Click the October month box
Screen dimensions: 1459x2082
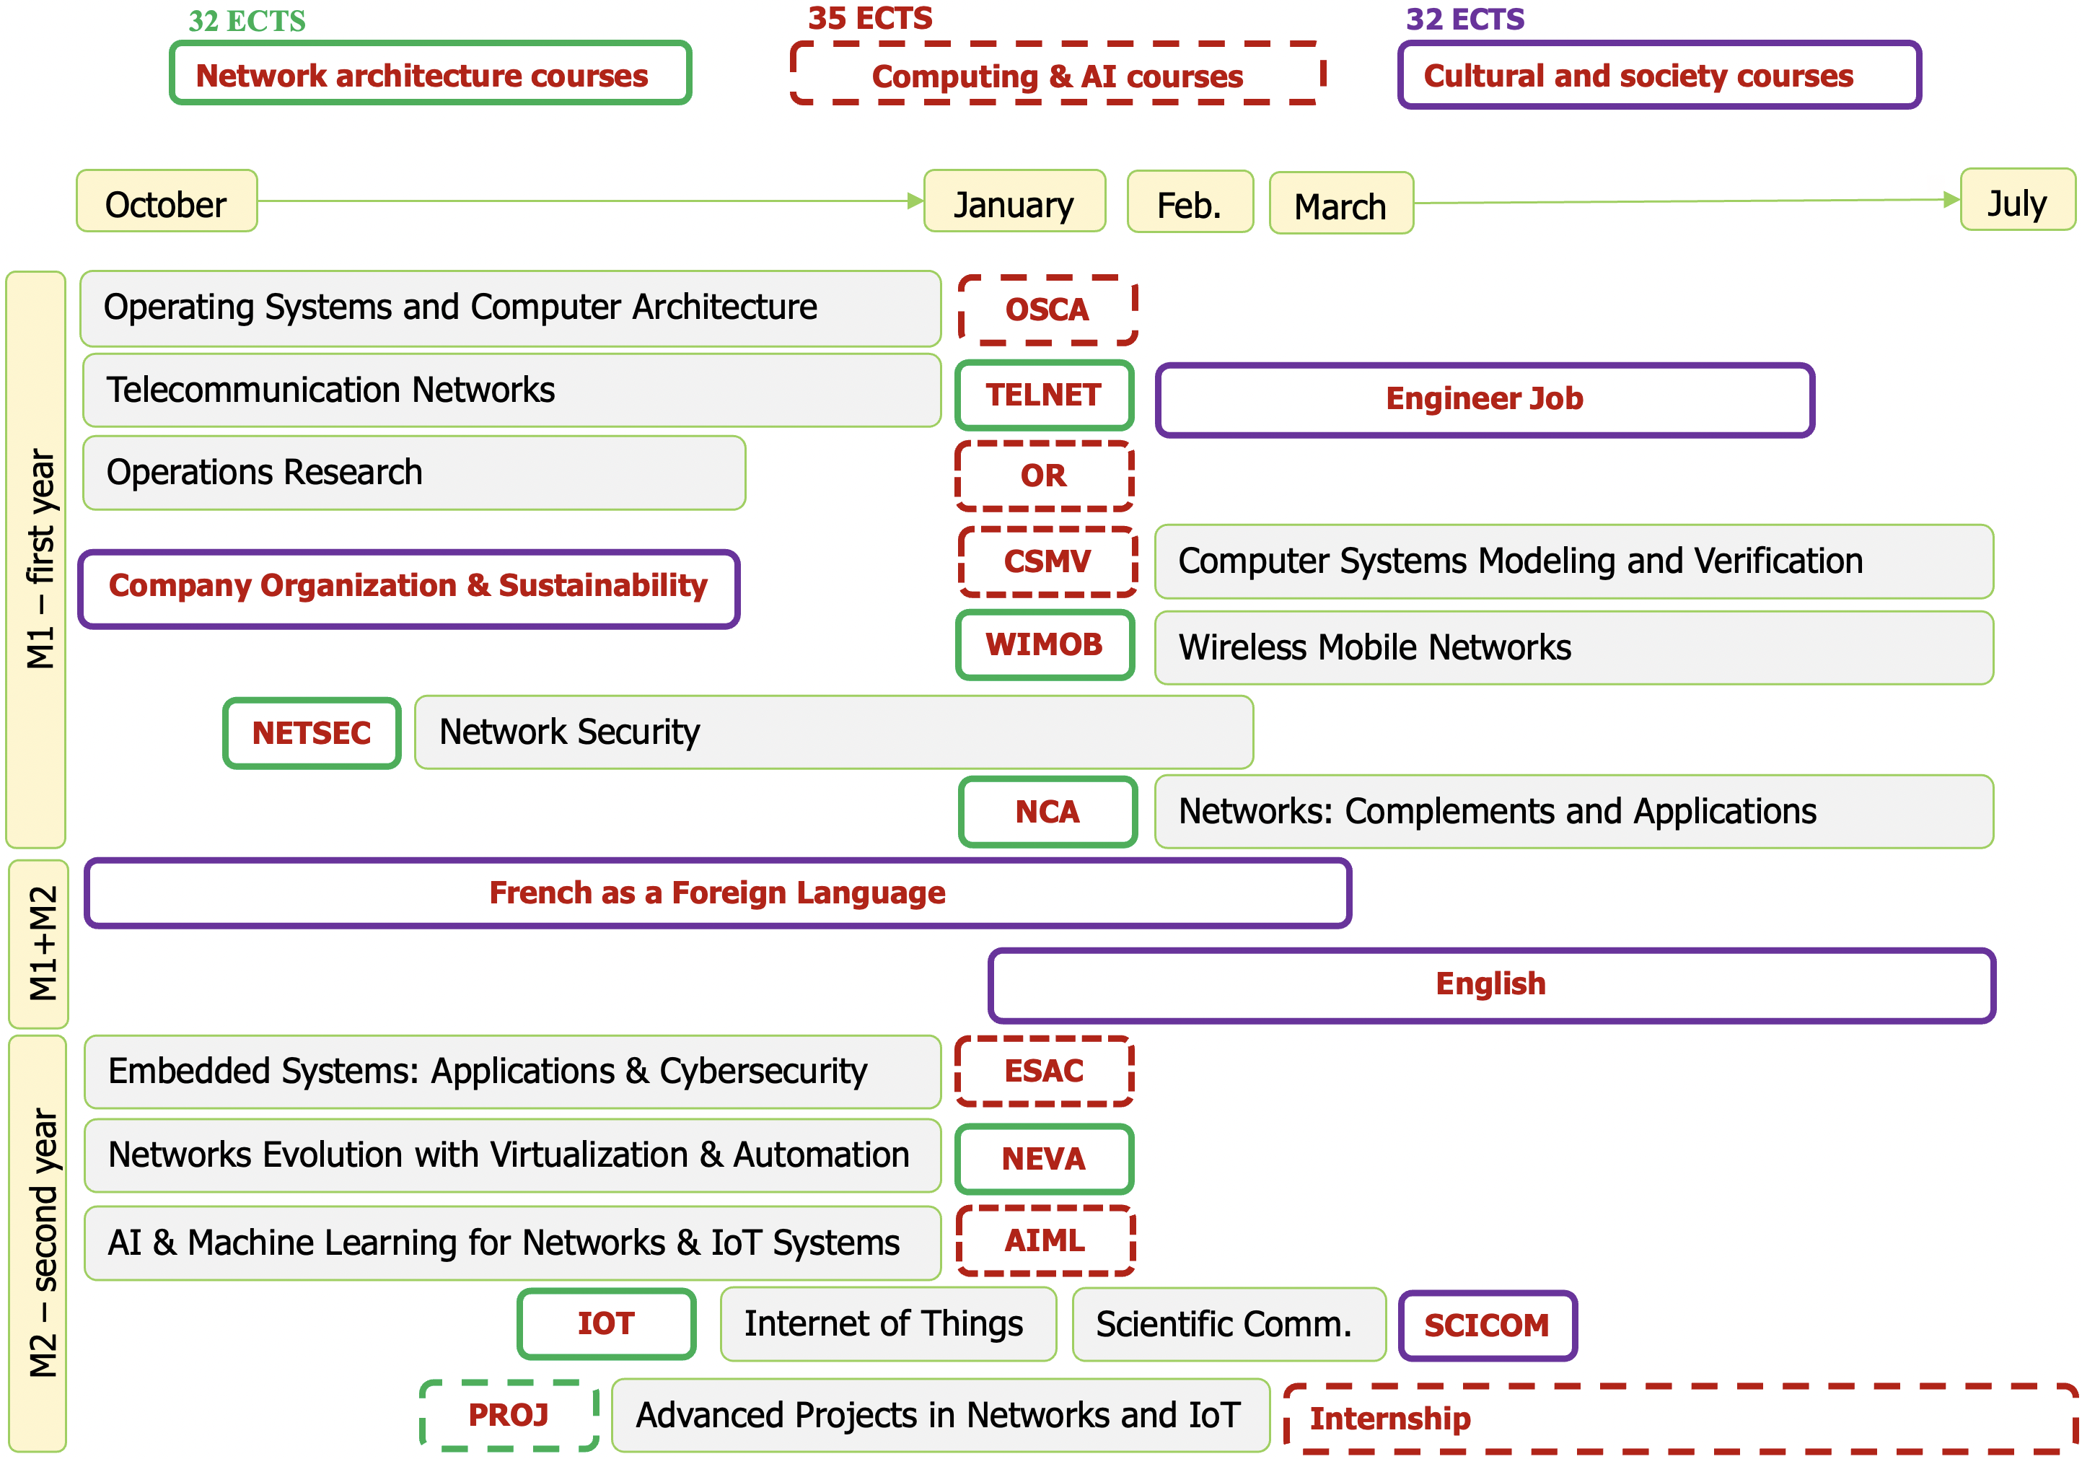(x=167, y=201)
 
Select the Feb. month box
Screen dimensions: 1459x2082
(x=1190, y=202)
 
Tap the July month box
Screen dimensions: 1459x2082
(x=2016, y=201)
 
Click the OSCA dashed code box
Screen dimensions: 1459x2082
(x=1047, y=310)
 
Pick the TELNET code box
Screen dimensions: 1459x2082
(x=1044, y=395)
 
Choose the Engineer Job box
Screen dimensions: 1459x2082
(x=1485, y=400)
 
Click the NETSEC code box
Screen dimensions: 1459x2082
(x=312, y=732)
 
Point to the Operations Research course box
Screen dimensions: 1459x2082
(x=413, y=473)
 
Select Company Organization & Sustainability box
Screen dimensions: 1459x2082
(x=408, y=587)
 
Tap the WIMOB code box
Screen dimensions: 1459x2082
(x=1045, y=645)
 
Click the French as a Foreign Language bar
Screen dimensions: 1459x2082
(x=717, y=893)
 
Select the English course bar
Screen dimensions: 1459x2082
(x=1490, y=985)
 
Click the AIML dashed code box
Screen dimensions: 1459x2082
(x=1045, y=1240)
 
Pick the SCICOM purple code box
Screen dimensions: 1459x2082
(x=1487, y=1326)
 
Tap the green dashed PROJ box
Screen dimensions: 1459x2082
(x=509, y=1414)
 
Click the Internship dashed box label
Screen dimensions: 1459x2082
(x=1390, y=1418)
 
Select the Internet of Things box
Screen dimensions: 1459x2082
(x=887, y=1324)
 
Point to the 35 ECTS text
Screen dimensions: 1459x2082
(x=869, y=18)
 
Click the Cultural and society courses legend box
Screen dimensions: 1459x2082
(x=1659, y=75)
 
